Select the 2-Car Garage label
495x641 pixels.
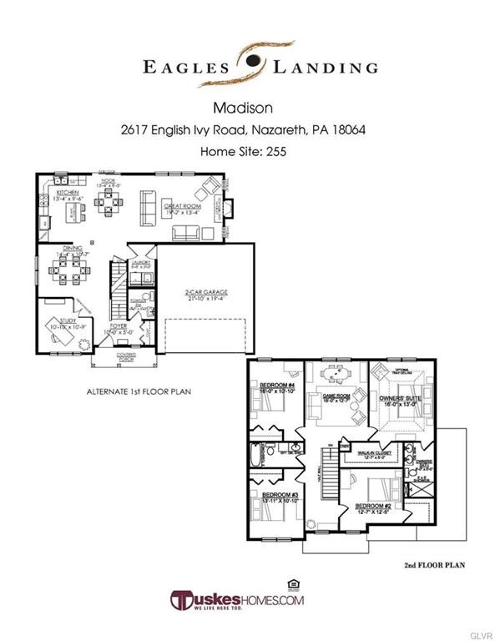[x=206, y=292]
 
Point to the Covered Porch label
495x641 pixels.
[x=126, y=356]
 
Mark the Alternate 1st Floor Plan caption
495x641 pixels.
[x=136, y=391]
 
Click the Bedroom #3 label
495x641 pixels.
[x=275, y=494]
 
